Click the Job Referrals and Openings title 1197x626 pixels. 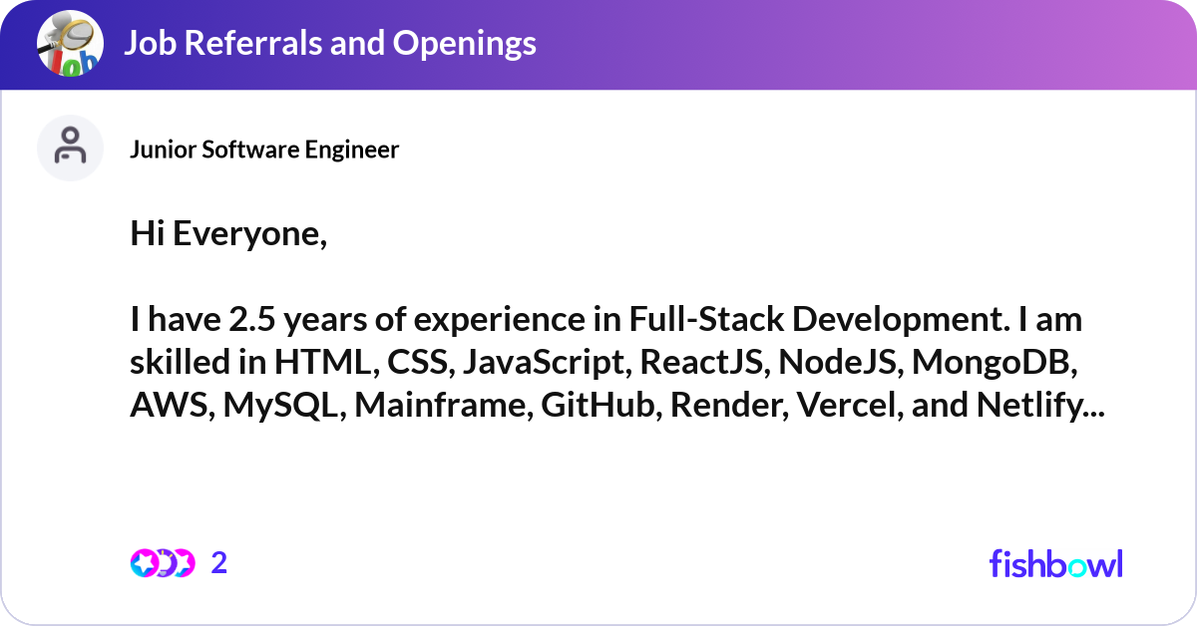pyautogui.click(x=329, y=43)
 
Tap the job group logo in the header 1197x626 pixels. pyautogui.click(x=70, y=44)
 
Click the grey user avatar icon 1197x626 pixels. pyautogui.click(x=70, y=148)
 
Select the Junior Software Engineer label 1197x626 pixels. pyautogui.click(x=264, y=150)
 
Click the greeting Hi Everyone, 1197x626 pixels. pyautogui.click(x=228, y=236)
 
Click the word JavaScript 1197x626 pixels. pyautogui.click(x=542, y=364)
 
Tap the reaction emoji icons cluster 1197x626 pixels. pyautogui.click(x=162, y=563)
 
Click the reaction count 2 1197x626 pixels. pyautogui.click(x=219, y=563)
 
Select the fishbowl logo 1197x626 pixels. pyautogui.click(x=1055, y=563)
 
